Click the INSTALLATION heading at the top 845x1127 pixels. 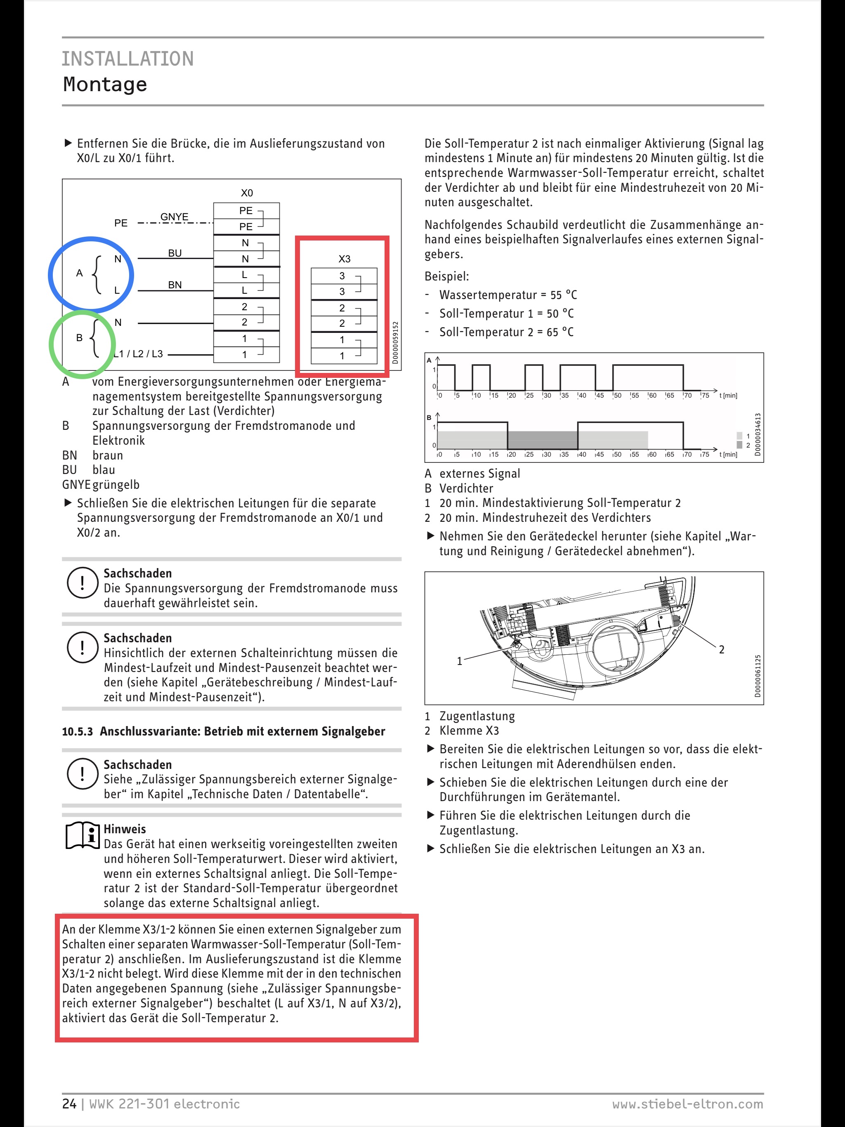click(x=127, y=59)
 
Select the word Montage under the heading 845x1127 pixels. click(x=105, y=84)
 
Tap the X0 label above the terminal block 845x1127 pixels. click(x=247, y=193)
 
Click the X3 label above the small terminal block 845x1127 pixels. click(x=345, y=259)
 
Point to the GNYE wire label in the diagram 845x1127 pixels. click(x=174, y=217)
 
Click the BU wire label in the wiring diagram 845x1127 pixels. click(x=175, y=253)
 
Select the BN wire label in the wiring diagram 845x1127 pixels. click(x=175, y=285)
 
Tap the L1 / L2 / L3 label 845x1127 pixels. click(x=138, y=354)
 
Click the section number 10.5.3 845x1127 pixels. click(x=78, y=732)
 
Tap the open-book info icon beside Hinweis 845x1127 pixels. click(x=82, y=836)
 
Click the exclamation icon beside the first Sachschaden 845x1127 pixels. click(x=82, y=582)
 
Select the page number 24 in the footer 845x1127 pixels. click(x=69, y=1103)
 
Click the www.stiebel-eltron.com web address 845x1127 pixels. click(x=687, y=1103)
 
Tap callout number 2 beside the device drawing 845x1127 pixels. click(x=721, y=650)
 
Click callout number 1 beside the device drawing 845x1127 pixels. click(x=459, y=661)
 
